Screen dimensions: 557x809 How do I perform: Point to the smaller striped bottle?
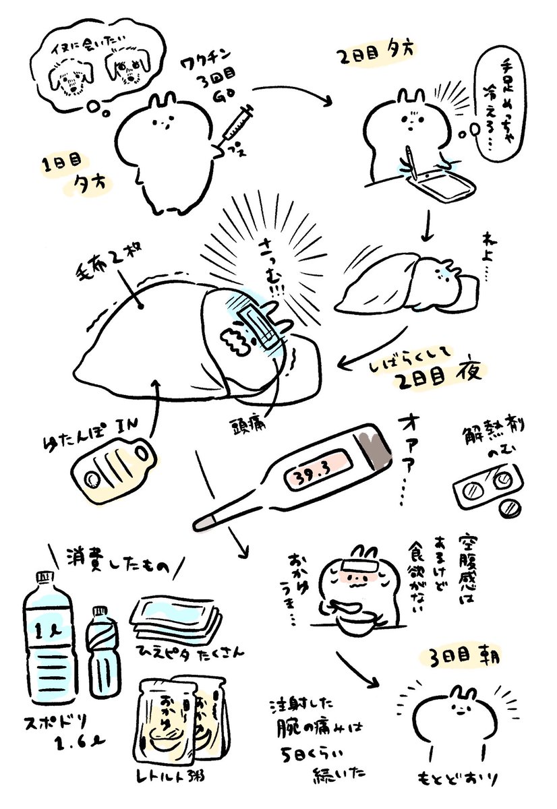(103, 645)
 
